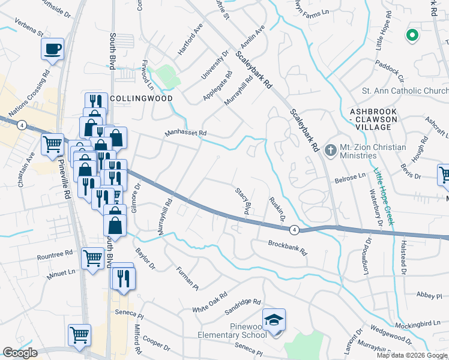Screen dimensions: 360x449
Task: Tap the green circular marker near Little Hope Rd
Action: point(412,36)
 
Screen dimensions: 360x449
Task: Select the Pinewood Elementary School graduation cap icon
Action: point(274,319)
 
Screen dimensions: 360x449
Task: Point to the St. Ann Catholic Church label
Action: point(405,91)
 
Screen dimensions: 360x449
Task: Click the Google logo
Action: point(20,353)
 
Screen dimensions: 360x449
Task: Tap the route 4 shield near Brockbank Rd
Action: point(294,229)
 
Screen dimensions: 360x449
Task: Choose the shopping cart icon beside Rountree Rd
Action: point(92,258)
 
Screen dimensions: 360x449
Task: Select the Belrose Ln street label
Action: point(350,178)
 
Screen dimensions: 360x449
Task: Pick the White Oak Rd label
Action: point(210,302)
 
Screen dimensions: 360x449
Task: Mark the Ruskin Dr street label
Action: point(277,209)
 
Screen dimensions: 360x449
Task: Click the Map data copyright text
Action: point(411,355)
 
